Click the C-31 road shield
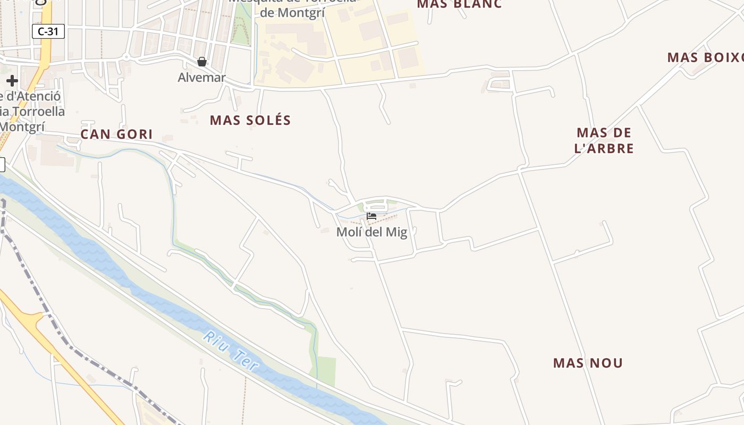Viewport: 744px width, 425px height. click(48, 31)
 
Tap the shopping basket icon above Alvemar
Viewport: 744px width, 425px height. click(201, 62)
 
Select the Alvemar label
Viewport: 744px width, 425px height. click(201, 78)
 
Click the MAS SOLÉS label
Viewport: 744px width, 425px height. click(250, 121)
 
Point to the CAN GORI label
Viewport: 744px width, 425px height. click(116, 134)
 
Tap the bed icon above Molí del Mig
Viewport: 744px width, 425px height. click(371, 216)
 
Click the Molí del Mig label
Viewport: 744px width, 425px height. click(371, 232)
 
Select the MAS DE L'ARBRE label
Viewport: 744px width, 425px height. click(604, 140)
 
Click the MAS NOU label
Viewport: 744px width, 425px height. click(588, 363)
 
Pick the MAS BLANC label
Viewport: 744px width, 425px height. click(459, 4)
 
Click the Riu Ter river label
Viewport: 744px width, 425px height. click(232, 351)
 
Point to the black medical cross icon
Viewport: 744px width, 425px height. click(12, 81)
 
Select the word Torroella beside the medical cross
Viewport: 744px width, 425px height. click(40, 112)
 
